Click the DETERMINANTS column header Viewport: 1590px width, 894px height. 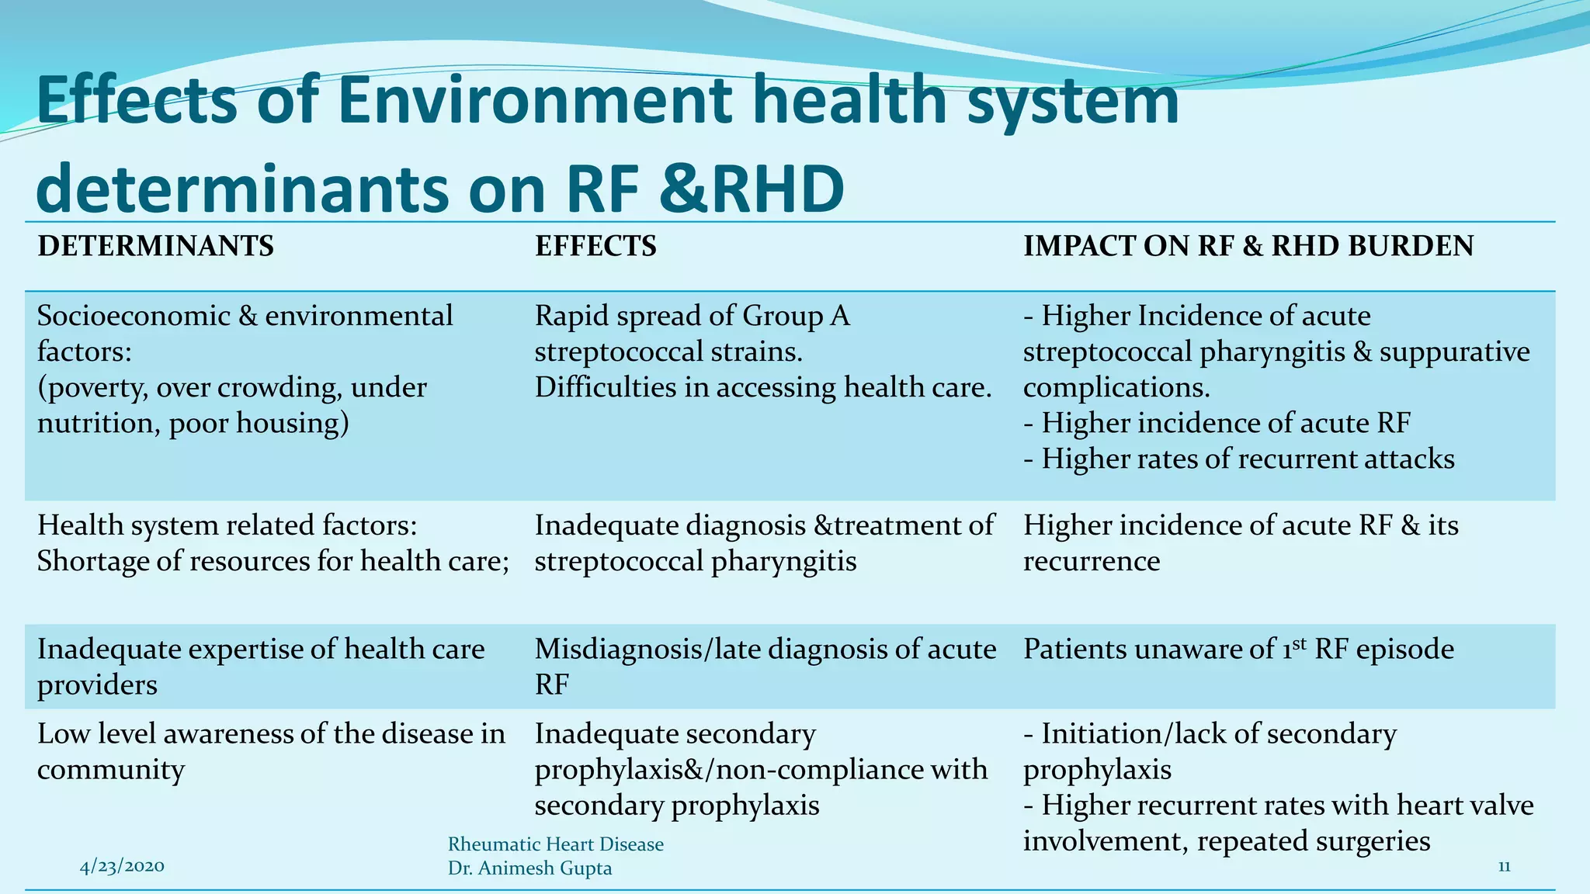[155, 247]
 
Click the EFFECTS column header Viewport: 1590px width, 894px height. [595, 247]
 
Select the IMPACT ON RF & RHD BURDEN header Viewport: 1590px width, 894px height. [1248, 247]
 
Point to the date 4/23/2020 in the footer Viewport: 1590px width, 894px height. [122, 866]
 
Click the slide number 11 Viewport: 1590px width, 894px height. [1504, 867]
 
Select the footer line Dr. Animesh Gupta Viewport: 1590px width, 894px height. [529, 868]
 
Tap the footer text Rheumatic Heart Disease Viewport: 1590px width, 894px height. [556, 844]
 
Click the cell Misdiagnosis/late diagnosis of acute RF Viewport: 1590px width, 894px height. [765, 666]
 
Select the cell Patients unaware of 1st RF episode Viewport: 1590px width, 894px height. [1238, 650]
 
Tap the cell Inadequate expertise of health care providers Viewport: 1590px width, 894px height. [260, 666]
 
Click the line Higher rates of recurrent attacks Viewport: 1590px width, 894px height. [1247, 459]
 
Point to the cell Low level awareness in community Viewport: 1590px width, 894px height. [270, 750]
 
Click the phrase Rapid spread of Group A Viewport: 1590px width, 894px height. [692, 317]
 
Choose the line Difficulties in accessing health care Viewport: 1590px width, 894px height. [762, 388]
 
